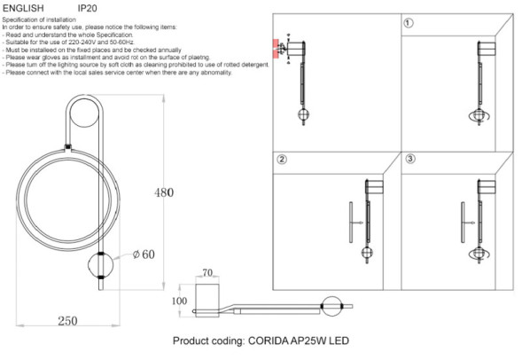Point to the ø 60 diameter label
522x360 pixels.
[x=144, y=255]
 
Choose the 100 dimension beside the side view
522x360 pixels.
[x=181, y=301]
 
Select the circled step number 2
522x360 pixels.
[x=281, y=160]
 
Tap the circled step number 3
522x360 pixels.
[x=409, y=160]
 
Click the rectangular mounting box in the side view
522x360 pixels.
[x=208, y=297]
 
